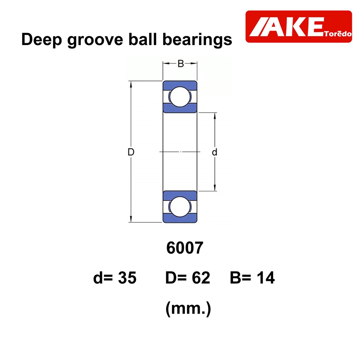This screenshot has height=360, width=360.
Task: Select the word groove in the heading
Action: (95, 40)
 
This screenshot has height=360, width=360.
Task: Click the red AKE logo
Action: (299, 26)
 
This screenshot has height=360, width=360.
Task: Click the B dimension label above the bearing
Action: (181, 64)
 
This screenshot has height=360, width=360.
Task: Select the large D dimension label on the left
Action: (131, 152)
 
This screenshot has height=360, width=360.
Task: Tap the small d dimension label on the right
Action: (214, 152)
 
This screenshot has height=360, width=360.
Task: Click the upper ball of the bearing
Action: (180, 97)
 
